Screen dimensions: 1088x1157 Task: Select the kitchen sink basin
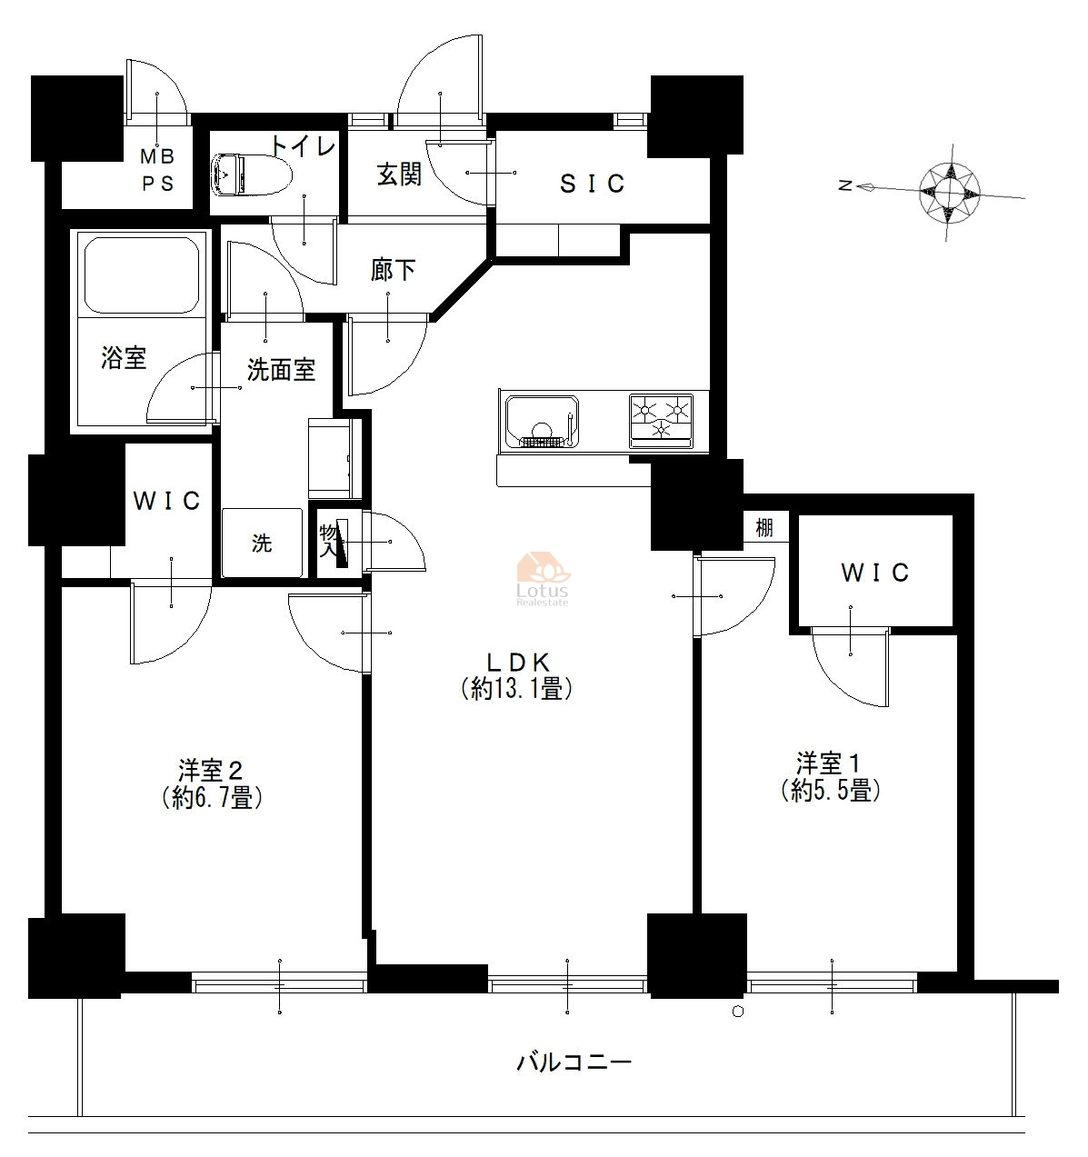coord(542,422)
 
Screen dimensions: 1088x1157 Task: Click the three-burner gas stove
coord(661,422)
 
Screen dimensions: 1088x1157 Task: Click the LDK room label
coord(516,678)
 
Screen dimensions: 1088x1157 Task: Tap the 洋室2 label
coord(212,784)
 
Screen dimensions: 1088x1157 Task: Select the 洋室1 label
coord(830,777)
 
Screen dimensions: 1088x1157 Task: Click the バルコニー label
coord(574,1062)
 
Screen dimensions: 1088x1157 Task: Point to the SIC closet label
coord(592,184)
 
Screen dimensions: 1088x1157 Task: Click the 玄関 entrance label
coord(399,175)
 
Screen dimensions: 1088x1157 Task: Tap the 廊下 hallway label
coord(393,270)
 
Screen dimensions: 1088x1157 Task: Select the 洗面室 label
coord(281,369)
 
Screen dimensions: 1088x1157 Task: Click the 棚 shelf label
coord(764,528)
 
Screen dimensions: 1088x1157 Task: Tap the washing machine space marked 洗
coord(263,543)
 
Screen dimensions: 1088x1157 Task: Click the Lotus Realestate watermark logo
coord(543,579)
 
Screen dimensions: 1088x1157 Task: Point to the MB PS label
coord(158,170)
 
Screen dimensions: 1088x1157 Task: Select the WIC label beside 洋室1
coord(874,573)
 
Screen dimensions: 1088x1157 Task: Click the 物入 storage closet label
coord(328,540)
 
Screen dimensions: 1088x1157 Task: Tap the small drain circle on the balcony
coord(738,1012)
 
